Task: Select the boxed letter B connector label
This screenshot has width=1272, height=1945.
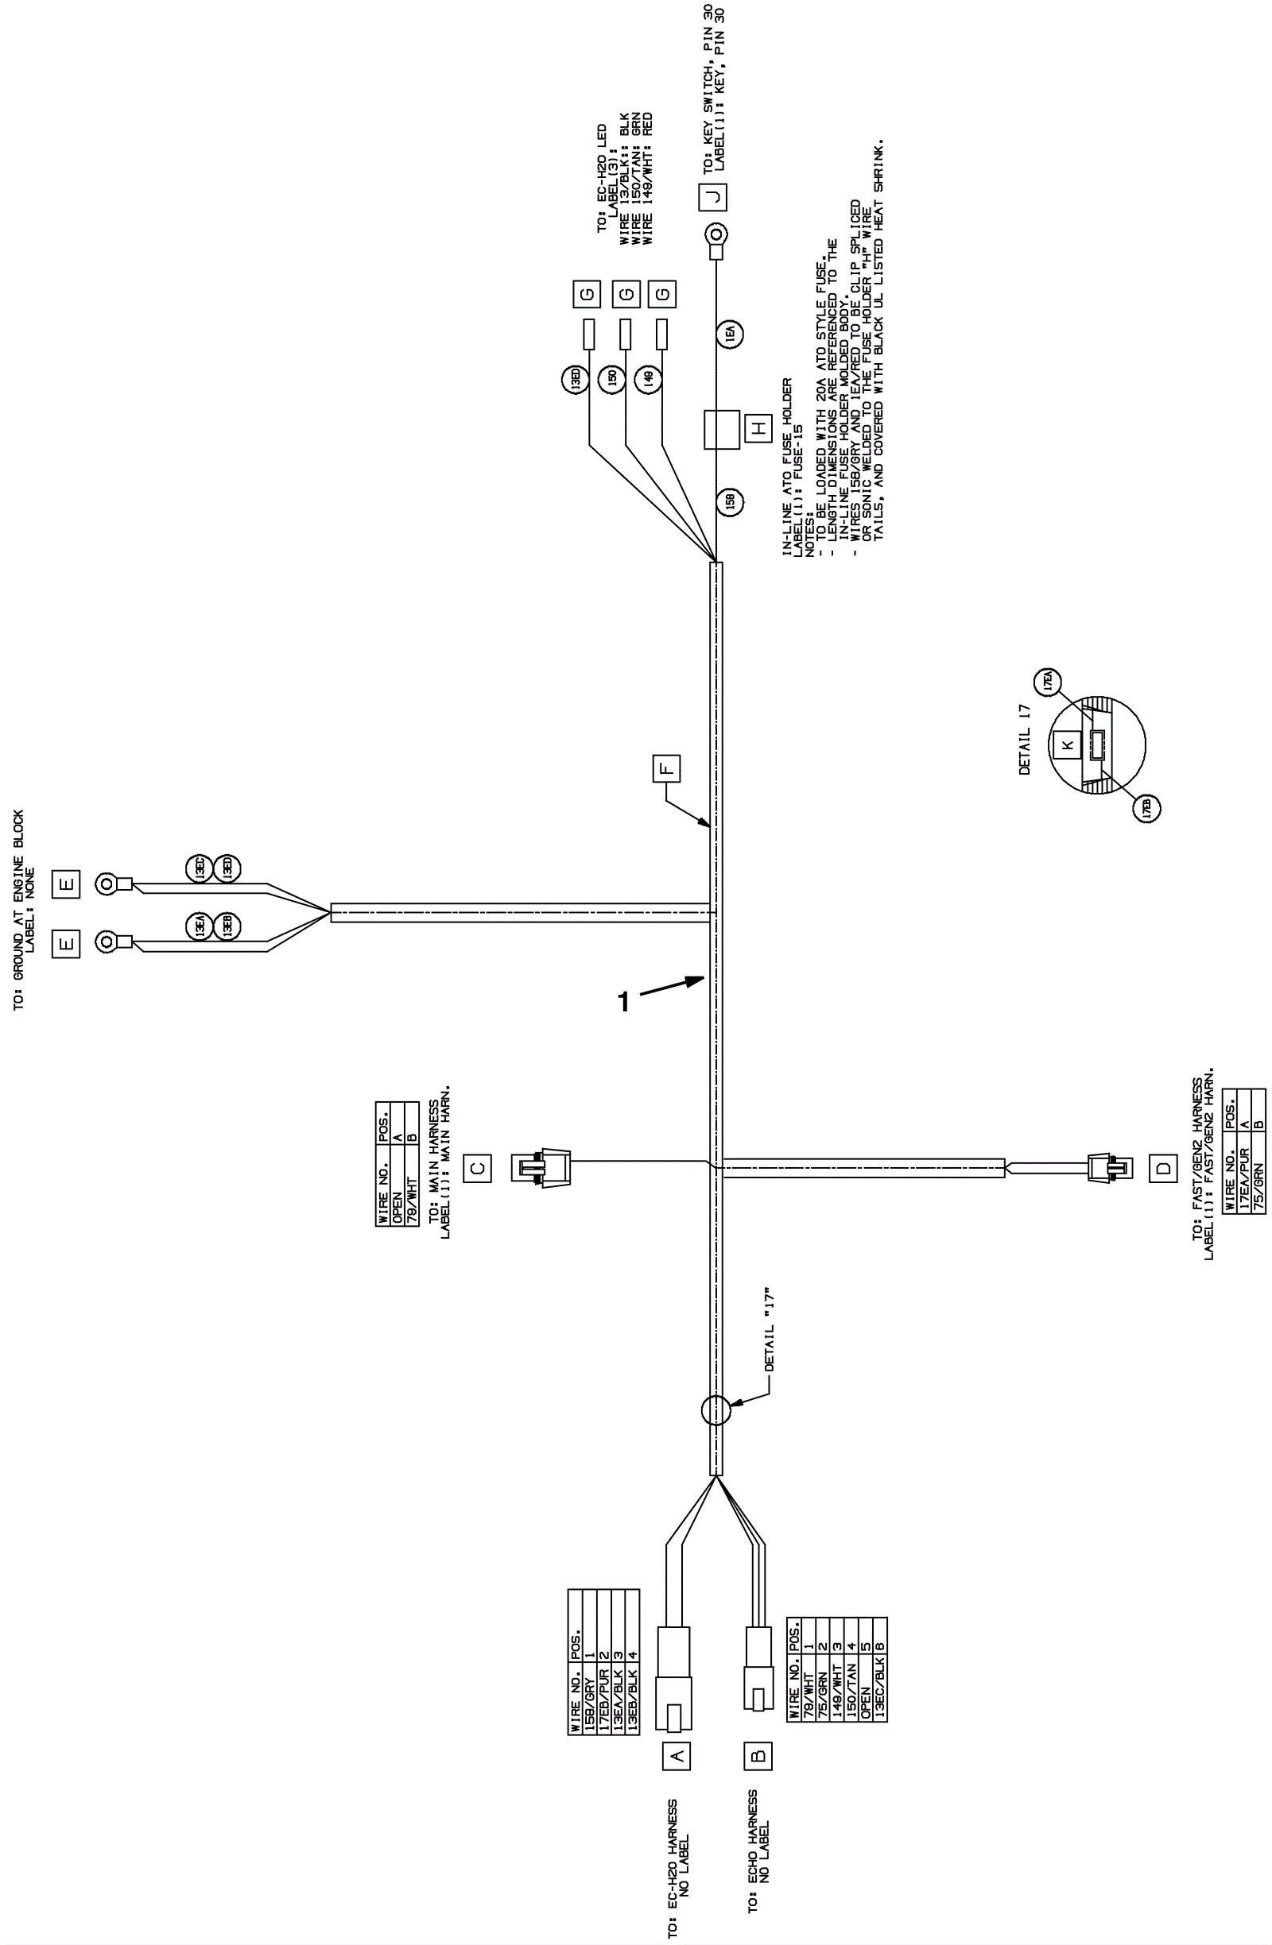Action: [x=758, y=1754]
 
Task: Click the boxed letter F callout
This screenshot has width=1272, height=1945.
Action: [x=666, y=769]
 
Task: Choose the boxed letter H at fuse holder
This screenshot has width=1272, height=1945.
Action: [x=759, y=427]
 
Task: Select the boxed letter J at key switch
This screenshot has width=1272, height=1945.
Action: [x=714, y=196]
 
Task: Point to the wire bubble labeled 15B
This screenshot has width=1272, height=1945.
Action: [x=730, y=501]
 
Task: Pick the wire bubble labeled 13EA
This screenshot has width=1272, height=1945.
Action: [x=199, y=926]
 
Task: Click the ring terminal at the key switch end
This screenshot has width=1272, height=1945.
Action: [x=715, y=237]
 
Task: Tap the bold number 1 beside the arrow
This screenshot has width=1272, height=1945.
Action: [x=624, y=1001]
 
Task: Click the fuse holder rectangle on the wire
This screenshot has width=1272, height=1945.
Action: [x=721, y=429]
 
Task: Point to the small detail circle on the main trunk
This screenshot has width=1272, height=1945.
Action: [x=715, y=1409]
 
